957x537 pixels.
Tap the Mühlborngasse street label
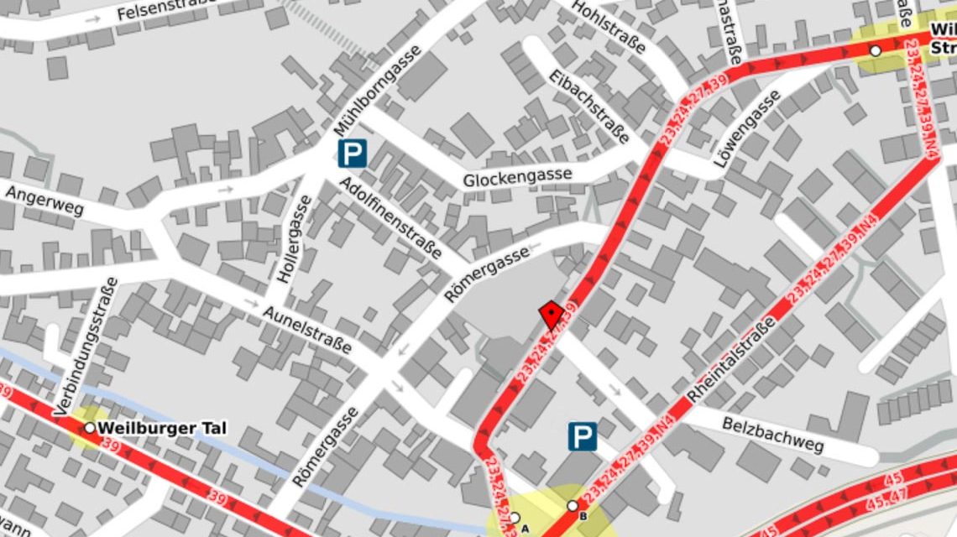[x=377, y=91]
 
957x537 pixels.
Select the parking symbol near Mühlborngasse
[x=353, y=153]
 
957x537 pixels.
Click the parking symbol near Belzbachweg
[x=583, y=436]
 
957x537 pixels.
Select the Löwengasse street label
[x=747, y=128]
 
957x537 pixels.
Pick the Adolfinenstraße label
[x=390, y=217]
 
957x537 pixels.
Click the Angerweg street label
[x=45, y=201]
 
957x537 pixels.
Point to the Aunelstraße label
[x=307, y=329]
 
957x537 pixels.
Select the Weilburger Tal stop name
[x=162, y=429]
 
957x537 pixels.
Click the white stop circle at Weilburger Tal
[x=90, y=428]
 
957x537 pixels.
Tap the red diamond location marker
[x=551, y=315]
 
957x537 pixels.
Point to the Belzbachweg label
[x=773, y=432]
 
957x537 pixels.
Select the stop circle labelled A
[x=515, y=518]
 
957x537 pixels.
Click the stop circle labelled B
[x=573, y=506]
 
